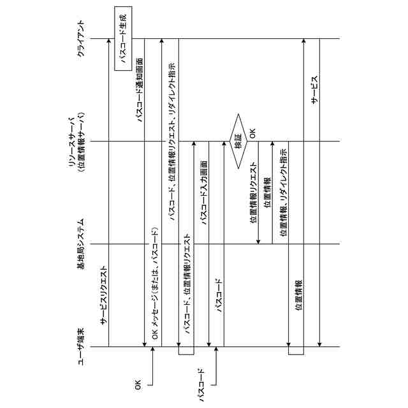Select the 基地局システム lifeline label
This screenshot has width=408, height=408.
pos(81,244)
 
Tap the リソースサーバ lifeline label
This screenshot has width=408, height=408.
pos(72,141)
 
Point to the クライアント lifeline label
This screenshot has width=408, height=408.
pos(81,39)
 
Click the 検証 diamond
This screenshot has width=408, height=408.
pos(238,141)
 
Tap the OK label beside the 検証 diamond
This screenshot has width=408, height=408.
pos(252,135)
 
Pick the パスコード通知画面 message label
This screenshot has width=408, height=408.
pos(139,89)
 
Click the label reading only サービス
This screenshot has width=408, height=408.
pos(314,89)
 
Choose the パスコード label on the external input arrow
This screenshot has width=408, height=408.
pos(202,384)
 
